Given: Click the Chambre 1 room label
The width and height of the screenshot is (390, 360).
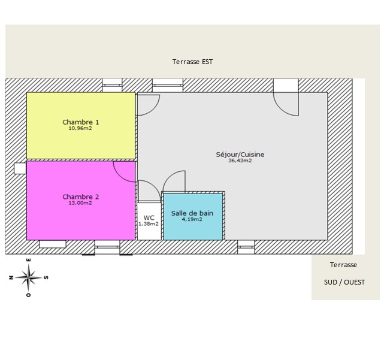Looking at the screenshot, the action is pyautogui.click(x=81, y=122).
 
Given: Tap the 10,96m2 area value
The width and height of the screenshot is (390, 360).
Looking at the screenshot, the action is pyautogui.click(x=80, y=128).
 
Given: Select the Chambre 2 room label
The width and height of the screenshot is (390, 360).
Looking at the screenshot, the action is pyautogui.click(x=81, y=196).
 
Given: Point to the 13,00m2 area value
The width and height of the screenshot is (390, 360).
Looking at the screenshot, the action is pyautogui.click(x=80, y=203).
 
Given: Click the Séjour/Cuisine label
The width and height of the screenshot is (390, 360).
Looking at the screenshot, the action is pyautogui.click(x=240, y=155).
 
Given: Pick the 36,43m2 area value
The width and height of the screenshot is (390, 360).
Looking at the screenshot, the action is pyautogui.click(x=240, y=161).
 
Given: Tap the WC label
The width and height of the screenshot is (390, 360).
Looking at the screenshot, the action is pyautogui.click(x=149, y=218).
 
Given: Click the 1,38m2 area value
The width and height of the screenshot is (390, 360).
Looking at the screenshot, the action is pyautogui.click(x=149, y=224).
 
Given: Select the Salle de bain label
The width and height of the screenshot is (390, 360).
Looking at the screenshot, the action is pyautogui.click(x=192, y=213).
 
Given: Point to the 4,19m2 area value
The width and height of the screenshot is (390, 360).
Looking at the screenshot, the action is pyautogui.click(x=192, y=219).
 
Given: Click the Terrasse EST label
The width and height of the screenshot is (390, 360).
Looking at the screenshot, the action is pyautogui.click(x=192, y=62).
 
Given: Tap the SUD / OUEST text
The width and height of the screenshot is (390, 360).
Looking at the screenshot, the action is pyautogui.click(x=344, y=282).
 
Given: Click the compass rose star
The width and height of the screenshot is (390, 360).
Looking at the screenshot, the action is pyautogui.click(x=29, y=277).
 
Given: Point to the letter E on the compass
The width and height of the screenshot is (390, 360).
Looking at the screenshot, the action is pyautogui.click(x=29, y=260).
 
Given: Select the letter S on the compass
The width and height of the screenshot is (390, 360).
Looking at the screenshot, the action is pyautogui.click(x=46, y=277).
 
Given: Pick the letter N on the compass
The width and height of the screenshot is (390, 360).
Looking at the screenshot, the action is pyautogui.click(x=11, y=277).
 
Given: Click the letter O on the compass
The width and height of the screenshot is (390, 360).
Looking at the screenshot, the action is pyautogui.click(x=29, y=295).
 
